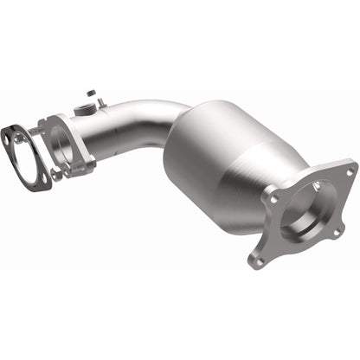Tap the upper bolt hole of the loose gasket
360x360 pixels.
point(11,135)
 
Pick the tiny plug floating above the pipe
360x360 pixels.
point(90,92)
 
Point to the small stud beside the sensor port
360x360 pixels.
point(103,104)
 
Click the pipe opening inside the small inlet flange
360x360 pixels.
point(61,143)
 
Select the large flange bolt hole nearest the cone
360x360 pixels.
point(274,197)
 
